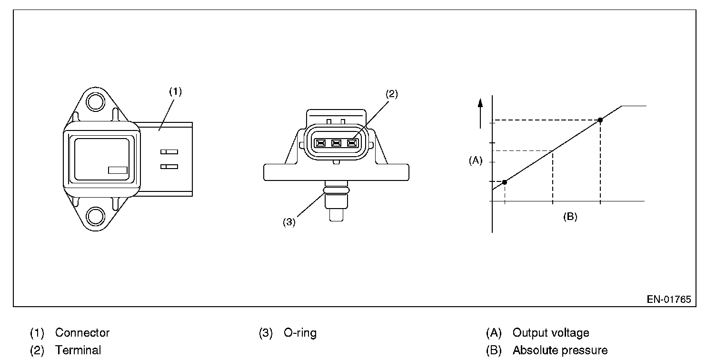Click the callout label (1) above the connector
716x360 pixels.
pos(175,91)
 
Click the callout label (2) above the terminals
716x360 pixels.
pos(391,94)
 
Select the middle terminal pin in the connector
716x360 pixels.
pos(337,143)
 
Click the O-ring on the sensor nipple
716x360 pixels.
pos(336,190)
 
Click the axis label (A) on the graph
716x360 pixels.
pos(475,161)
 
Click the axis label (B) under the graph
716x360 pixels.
pos(570,217)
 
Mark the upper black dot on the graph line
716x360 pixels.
pos(600,120)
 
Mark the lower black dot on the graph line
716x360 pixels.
pos(505,182)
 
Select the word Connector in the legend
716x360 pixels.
pos(82,333)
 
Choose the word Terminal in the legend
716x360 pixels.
pos(78,350)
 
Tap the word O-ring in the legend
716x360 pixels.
pos(300,333)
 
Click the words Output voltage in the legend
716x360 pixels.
pos(550,333)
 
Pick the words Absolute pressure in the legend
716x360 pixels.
pos(560,350)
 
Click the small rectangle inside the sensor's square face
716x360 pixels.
pos(117,170)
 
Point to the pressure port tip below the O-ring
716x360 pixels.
pos(336,214)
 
